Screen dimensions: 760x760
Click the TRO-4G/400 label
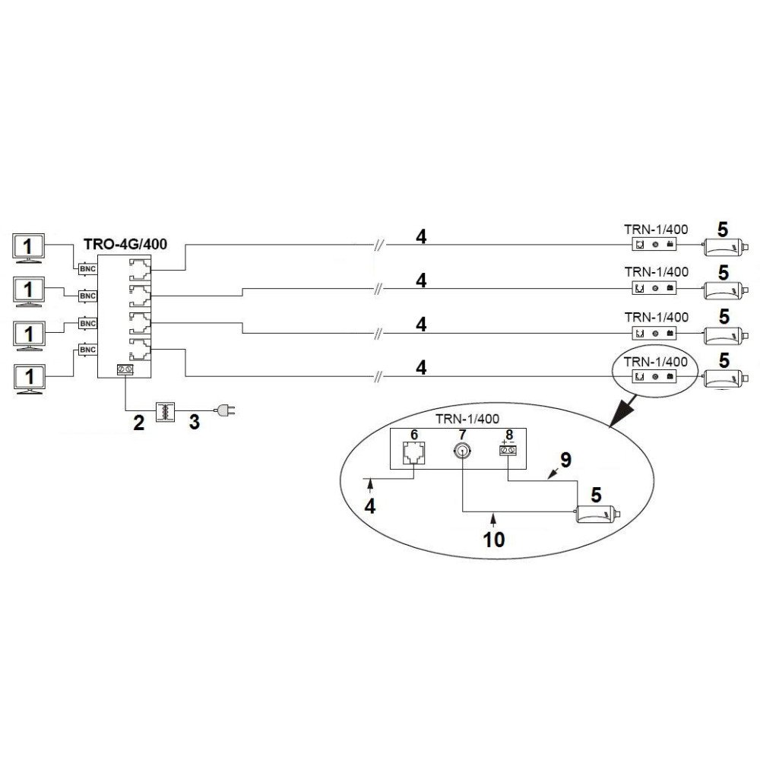[125, 244]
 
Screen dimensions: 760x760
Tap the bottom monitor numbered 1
[30, 378]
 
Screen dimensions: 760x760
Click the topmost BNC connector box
[87, 269]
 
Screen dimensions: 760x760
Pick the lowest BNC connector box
[87, 350]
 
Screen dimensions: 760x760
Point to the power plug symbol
[224, 410]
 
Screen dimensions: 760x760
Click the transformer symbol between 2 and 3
[165, 411]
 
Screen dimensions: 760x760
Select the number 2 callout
[138, 423]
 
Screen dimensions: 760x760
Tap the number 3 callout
[195, 422]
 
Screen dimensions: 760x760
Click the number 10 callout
[495, 540]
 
